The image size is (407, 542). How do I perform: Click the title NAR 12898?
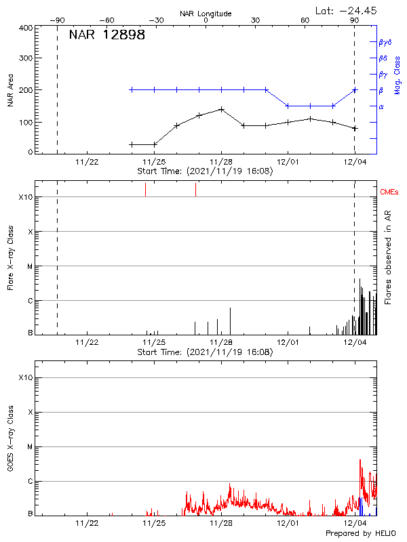tap(106, 35)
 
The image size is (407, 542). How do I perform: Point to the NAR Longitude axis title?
tap(206, 14)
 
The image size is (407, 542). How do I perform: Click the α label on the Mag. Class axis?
tap(381, 106)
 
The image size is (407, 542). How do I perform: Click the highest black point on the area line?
tap(221, 109)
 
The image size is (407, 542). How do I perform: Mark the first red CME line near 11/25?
tap(146, 190)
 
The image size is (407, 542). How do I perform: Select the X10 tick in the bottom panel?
tap(25, 377)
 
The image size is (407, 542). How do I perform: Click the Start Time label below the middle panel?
tap(205, 352)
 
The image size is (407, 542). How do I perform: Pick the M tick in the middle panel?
tap(30, 266)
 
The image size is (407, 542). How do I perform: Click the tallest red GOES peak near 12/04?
tap(360, 459)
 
